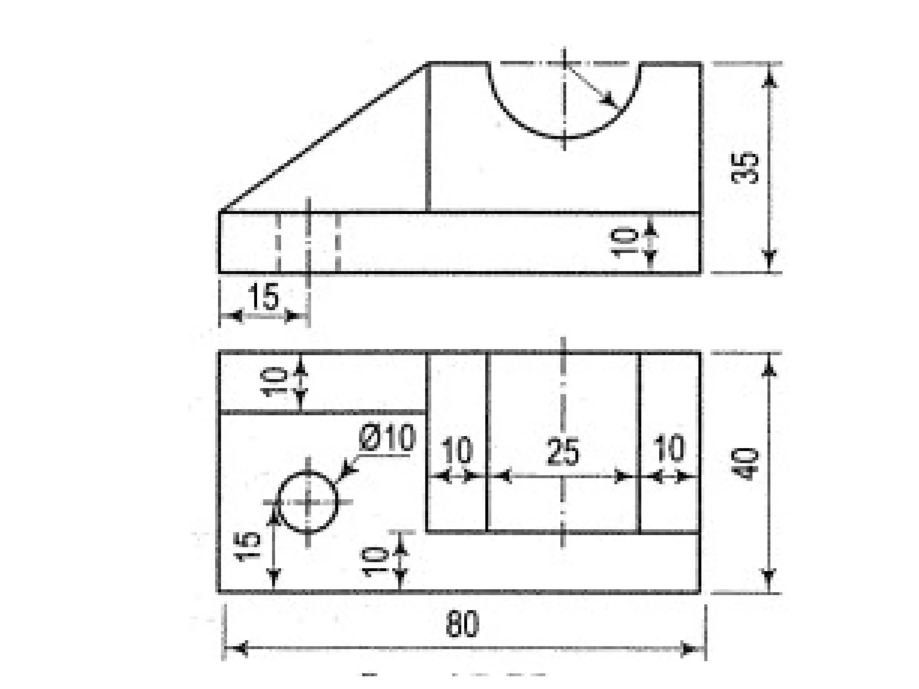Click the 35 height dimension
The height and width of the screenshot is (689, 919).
[745, 168]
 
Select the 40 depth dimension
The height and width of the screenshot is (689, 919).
[745, 464]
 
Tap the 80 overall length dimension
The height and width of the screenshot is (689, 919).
[463, 624]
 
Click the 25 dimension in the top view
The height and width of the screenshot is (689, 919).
[563, 452]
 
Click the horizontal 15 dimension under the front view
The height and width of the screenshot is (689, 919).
[264, 297]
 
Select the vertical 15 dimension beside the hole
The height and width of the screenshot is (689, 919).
[249, 546]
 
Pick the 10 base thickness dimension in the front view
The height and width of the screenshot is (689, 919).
[625, 242]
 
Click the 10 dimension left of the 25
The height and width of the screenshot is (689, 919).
[457, 450]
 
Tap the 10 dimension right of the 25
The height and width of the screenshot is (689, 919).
[669, 449]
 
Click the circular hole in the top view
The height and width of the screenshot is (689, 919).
[307, 502]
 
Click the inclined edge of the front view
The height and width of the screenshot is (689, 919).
[323, 137]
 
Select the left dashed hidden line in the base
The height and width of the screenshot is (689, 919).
[278, 242]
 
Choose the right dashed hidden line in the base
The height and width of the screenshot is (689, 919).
[338, 242]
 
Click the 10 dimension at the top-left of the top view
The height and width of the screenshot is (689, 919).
[275, 381]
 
